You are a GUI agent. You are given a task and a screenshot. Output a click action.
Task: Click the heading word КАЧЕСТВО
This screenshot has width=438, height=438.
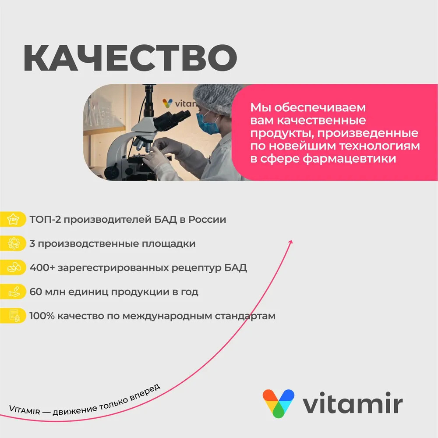click(130, 58)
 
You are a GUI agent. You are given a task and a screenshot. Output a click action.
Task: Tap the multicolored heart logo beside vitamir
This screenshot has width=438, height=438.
click(279, 403)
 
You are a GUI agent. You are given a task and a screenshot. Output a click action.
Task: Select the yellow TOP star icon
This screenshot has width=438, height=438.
click(13, 219)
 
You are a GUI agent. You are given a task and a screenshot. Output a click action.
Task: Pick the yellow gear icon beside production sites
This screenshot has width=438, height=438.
click(13, 243)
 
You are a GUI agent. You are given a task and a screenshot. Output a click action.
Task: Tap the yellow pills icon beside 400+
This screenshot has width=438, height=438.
click(13, 267)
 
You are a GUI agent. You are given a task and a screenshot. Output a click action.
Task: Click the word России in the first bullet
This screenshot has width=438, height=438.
click(207, 220)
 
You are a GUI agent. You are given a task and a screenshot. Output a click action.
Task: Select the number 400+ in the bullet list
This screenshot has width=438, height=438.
click(42, 267)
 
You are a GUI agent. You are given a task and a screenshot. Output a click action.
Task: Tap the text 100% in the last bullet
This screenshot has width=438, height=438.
click(42, 316)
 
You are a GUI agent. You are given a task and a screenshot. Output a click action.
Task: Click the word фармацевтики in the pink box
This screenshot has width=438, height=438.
click(350, 159)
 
